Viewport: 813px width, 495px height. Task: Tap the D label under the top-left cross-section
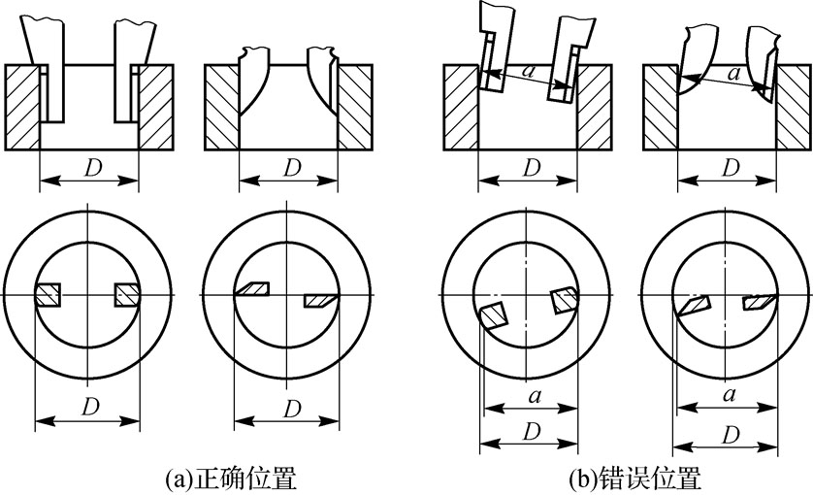point(91,167)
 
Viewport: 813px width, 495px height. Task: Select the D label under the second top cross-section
point(292,167)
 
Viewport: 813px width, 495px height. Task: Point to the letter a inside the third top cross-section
point(528,71)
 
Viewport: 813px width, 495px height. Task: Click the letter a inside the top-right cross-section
point(733,73)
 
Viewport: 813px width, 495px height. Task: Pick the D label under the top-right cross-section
point(730,167)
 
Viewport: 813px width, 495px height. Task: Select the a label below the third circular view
point(535,397)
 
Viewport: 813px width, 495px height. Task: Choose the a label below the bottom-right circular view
point(729,395)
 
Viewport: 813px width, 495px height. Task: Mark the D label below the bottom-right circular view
point(730,435)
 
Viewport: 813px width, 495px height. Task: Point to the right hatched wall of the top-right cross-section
point(794,108)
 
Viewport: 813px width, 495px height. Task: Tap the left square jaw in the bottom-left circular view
point(49,295)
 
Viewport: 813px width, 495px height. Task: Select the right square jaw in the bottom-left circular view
point(127,295)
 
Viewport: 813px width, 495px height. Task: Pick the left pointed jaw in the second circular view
point(252,289)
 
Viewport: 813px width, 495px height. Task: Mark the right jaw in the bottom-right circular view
point(759,302)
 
